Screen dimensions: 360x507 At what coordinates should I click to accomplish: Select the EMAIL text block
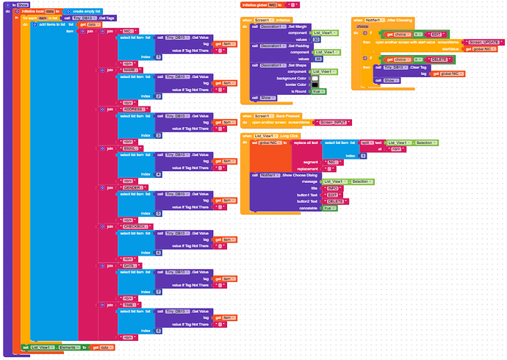click(129, 148)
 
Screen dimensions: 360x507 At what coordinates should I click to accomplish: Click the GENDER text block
click(132, 187)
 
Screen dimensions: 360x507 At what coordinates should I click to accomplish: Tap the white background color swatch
click(314, 77)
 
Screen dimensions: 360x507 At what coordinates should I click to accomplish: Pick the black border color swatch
click(314, 84)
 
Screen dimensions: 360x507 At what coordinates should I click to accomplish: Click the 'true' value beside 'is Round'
click(318, 90)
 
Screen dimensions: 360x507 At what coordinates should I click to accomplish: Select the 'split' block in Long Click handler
click(364, 142)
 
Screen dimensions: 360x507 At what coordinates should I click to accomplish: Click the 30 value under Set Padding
click(317, 58)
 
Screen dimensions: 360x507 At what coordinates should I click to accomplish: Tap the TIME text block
click(129, 303)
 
